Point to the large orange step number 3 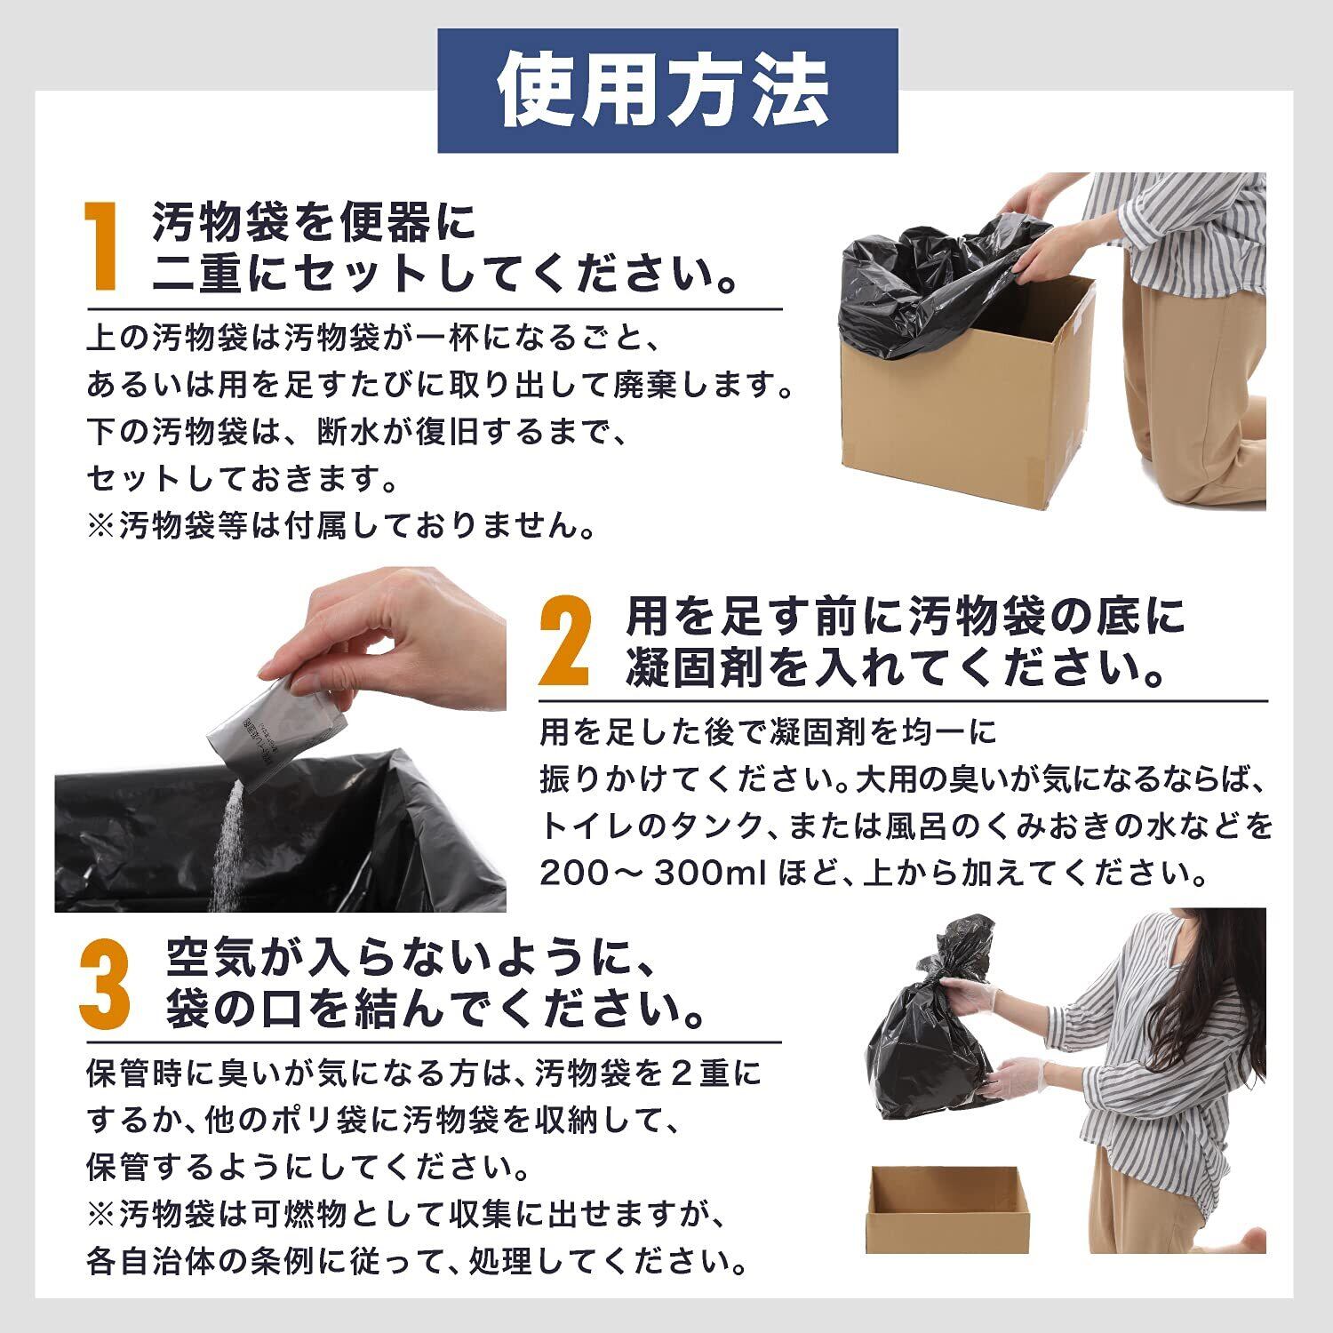(x=105, y=984)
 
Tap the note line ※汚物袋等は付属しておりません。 (x=341, y=526)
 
